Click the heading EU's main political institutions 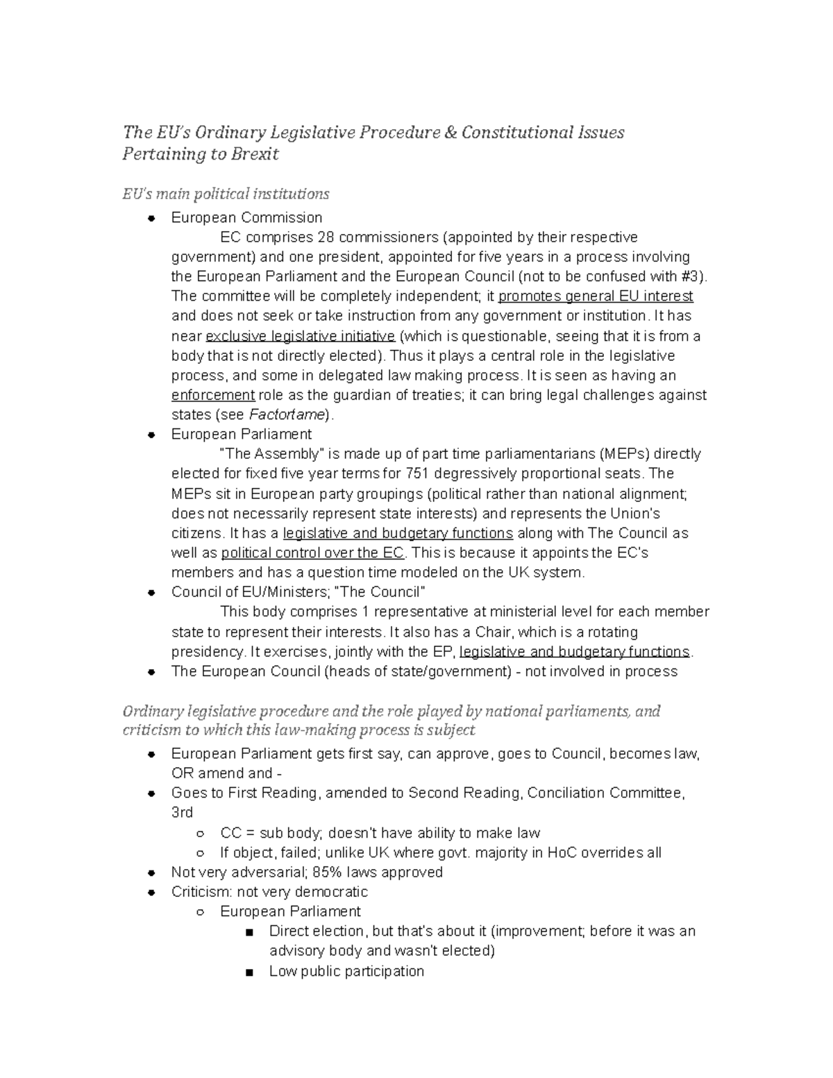point(226,194)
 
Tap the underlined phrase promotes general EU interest point(596,296)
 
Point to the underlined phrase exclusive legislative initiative point(301,337)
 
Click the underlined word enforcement point(213,395)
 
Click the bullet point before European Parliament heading point(151,435)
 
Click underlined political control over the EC point(312,553)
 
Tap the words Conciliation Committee point(605,793)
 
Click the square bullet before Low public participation point(249,972)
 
